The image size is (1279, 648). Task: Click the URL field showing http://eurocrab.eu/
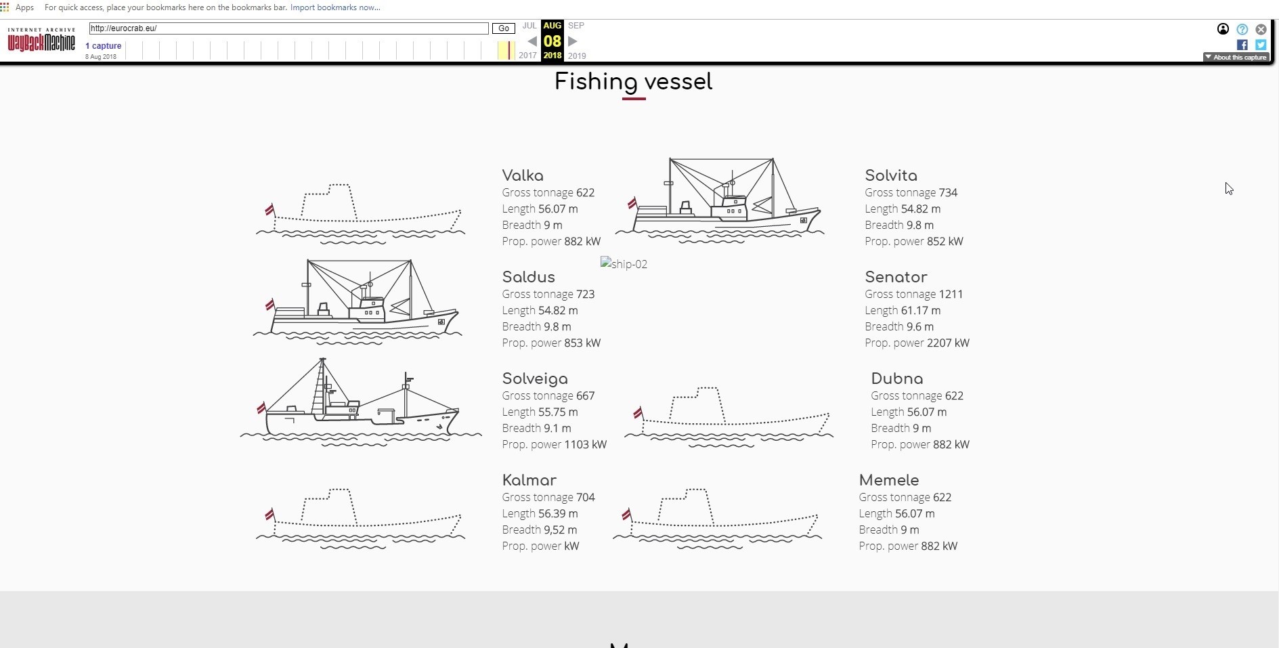pyautogui.click(x=288, y=28)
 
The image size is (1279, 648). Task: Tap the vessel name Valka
pyautogui.click(x=523, y=175)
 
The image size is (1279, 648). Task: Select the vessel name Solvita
pyautogui.click(x=891, y=175)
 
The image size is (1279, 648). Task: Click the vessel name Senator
pyautogui.click(x=896, y=277)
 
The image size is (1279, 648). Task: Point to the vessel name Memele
pyautogui.click(x=889, y=480)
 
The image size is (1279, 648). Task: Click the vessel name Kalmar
pyautogui.click(x=529, y=480)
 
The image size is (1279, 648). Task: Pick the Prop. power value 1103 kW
pyautogui.click(x=586, y=444)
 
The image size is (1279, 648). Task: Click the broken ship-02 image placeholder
pyautogui.click(x=624, y=264)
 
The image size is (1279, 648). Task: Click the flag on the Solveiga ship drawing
pyautogui.click(x=261, y=408)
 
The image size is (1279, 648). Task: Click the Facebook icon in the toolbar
pyautogui.click(x=1242, y=45)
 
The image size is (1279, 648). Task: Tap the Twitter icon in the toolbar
pyautogui.click(x=1261, y=45)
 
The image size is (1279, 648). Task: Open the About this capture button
pyautogui.click(x=1236, y=58)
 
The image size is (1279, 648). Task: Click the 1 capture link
pyautogui.click(x=104, y=46)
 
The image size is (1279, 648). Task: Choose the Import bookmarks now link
pyautogui.click(x=335, y=7)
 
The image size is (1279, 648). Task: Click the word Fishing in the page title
pyautogui.click(x=596, y=83)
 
